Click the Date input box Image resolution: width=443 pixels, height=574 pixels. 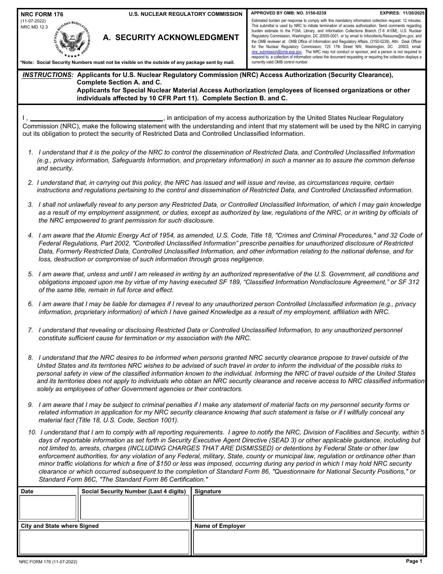pyautogui.click(x=48, y=507)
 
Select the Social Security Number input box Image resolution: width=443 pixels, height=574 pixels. pyautogui.click(x=135, y=507)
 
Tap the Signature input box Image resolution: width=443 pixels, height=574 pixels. pyautogui.click(x=308, y=507)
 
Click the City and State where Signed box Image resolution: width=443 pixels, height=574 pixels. pyautogui.click(x=104, y=542)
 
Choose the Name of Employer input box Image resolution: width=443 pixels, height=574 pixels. pyautogui.click(x=308, y=542)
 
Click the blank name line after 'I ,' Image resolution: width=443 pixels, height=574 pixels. pyautogui.click(x=96, y=118)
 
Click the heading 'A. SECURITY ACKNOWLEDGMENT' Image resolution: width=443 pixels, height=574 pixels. pyautogui.click(x=171, y=38)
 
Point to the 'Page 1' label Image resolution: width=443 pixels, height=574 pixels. pyautogui.click(x=414, y=561)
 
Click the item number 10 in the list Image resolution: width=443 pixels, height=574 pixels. pyautogui.click(x=32, y=432)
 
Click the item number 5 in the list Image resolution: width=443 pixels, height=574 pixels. pyautogui.click(x=30, y=274)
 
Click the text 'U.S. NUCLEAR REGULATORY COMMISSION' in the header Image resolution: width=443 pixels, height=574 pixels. pyautogui.click(x=186, y=14)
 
